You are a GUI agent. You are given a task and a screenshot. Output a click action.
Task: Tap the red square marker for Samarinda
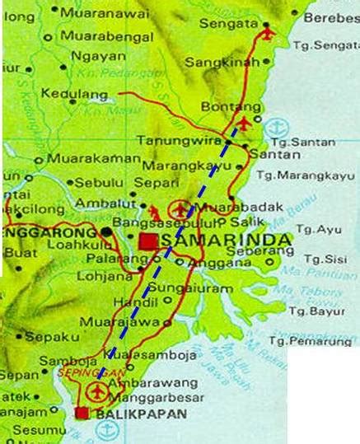[x=148, y=241]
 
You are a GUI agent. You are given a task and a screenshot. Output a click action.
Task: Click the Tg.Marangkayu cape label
[x=297, y=175]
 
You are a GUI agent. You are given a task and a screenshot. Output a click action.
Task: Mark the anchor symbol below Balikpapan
[x=103, y=432]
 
